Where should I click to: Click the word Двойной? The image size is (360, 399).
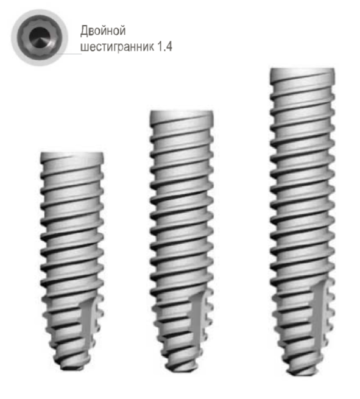click(x=103, y=30)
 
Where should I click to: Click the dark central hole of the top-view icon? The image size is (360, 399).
click(x=40, y=37)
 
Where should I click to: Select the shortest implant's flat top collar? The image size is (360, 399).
click(x=72, y=157)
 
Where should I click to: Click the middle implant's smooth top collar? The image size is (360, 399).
click(x=182, y=115)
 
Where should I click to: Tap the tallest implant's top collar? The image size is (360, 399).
click(x=302, y=73)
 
